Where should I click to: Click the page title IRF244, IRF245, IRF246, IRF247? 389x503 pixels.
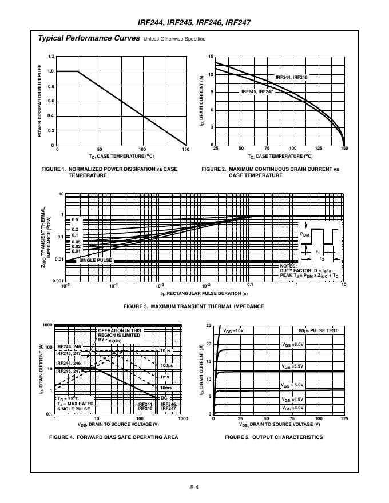pos(194,22)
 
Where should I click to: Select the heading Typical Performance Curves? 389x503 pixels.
pos(88,38)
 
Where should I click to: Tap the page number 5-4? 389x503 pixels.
pos(194,488)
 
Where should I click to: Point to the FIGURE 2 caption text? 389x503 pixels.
pos(271,172)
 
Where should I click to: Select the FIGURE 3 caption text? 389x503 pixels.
pos(194,306)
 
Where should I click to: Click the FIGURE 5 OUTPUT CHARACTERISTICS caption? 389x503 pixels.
pos(273,437)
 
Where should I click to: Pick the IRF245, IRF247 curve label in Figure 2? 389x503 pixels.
pos(257,91)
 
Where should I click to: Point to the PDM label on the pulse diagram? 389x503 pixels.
pos(306,234)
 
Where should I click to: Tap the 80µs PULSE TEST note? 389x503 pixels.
pos(318,330)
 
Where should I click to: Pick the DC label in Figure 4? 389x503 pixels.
pos(164,398)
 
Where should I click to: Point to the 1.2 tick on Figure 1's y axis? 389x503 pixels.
pos(51,57)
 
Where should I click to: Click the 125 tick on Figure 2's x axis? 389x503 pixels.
pos(318,149)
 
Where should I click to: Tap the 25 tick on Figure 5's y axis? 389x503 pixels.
pos(209,326)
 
